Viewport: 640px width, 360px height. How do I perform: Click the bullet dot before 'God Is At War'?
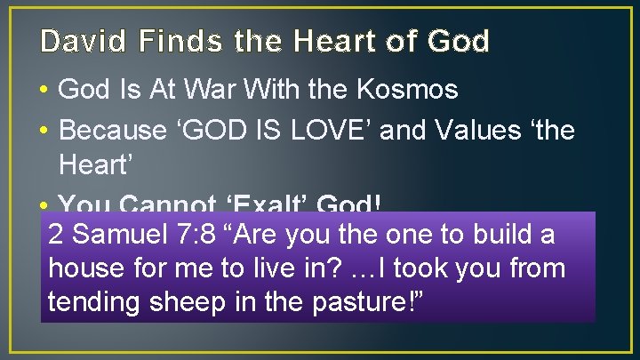[x=44, y=91]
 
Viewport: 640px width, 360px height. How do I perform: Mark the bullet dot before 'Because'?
[x=44, y=132]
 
